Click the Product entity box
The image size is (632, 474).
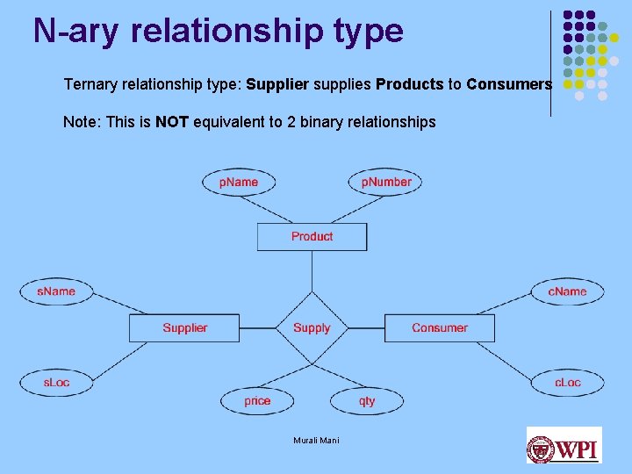(x=312, y=237)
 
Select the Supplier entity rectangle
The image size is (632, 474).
(x=184, y=328)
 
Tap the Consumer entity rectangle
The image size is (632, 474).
(x=439, y=328)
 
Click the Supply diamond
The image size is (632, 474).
(x=312, y=328)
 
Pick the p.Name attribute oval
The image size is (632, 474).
(x=239, y=183)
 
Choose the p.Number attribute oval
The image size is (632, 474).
(x=386, y=182)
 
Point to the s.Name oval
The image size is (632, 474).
(x=56, y=291)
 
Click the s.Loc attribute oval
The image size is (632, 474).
(x=56, y=383)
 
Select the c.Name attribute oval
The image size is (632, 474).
(x=567, y=291)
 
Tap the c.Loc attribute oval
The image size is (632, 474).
(x=567, y=383)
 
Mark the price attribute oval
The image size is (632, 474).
(x=257, y=401)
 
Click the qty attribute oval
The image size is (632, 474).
(x=367, y=401)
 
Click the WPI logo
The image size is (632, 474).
(x=564, y=446)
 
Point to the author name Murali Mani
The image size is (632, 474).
(x=316, y=441)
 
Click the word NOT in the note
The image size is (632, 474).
(x=172, y=122)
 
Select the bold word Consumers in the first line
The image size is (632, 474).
(x=509, y=85)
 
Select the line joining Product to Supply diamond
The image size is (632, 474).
(x=312, y=271)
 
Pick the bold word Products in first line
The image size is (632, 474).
(x=410, y=85)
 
